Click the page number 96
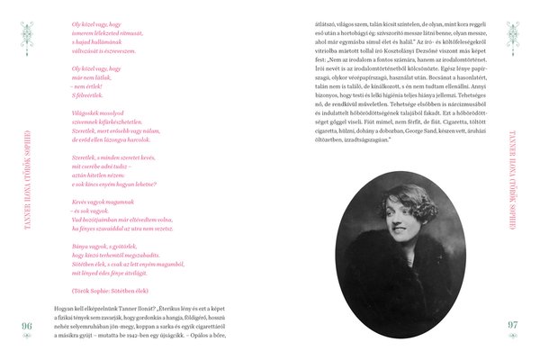[26, 326]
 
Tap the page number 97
[513, 326]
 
